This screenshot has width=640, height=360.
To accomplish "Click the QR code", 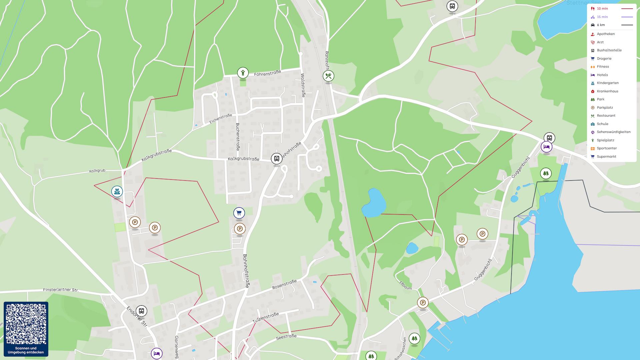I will (26, 324).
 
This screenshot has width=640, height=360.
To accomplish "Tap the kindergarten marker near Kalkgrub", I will (117, 192).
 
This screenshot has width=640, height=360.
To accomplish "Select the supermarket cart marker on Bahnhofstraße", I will (239, 213).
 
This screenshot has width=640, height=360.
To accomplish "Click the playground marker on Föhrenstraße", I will (243, 72).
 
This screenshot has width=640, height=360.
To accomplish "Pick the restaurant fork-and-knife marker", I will (328, 76).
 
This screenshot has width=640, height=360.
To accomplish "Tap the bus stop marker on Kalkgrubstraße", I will (276, 159).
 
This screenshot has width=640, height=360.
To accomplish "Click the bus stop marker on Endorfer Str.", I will (141, 311).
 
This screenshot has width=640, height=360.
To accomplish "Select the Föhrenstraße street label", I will (267, 73).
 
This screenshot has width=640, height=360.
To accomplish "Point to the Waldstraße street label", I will (303, 85).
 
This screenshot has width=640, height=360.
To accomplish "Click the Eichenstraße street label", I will (220, 119).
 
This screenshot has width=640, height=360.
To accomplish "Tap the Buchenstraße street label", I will (238, 136).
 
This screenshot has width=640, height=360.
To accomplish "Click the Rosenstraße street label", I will (284, 284).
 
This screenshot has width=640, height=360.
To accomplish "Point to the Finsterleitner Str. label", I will (61, 290).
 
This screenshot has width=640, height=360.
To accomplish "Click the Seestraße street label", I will (286, 337).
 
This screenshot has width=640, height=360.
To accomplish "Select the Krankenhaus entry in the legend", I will (607, 91).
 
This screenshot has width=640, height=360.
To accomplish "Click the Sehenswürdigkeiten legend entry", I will (613, 132).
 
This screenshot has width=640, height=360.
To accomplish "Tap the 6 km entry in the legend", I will (601, 25).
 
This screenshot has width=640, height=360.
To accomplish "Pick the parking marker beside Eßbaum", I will (423, 303).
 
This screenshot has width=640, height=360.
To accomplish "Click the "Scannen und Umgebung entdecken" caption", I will (26, 350).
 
